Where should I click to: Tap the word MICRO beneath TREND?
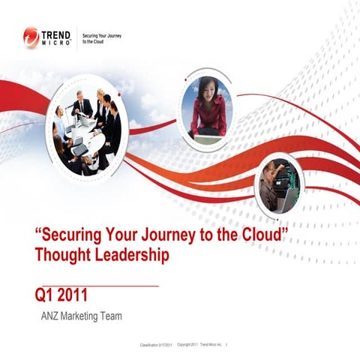point(59,43)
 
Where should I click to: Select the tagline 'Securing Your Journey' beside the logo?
point(101,35)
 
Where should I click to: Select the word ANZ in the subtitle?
point(52,316)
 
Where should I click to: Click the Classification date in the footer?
point(156,345)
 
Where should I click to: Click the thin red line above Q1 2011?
point(97,286)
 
